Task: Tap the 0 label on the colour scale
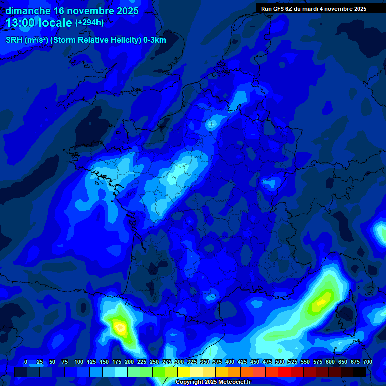(x=26, y=362)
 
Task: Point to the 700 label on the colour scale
(x=368, y=362)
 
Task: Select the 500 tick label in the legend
(x=280, y=362)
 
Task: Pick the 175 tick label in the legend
(x=117, y=362)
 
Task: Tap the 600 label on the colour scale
(x=330, y=362)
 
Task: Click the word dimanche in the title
(x=28, y=11)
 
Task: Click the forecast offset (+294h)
(x=89, y=23)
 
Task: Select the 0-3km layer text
(x=154, y=40)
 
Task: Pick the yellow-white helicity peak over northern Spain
(x=120, y=328)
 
